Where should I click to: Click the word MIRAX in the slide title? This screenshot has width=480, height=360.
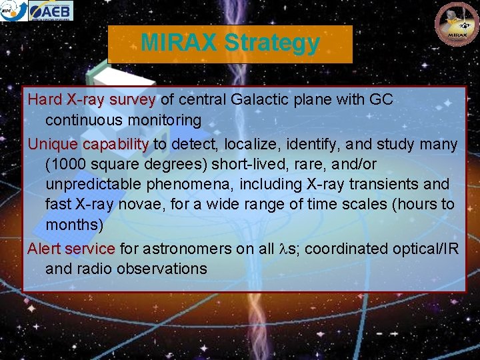(x=179, y=43)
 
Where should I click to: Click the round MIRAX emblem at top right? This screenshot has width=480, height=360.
(x=457, y=24)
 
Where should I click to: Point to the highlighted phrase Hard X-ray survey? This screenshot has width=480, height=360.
(x=91, y=100)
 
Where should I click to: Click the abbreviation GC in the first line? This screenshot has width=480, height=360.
(x=381, y=100)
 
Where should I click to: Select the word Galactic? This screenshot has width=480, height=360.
(x=261, y=100)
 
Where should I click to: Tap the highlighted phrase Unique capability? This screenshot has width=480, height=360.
(x=88, y=144)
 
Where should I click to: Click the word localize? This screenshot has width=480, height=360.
(x=250, y=144)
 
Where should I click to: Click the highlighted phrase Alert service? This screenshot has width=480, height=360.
(x=71, y=249)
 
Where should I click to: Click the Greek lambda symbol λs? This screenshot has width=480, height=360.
(x=287, y=249)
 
